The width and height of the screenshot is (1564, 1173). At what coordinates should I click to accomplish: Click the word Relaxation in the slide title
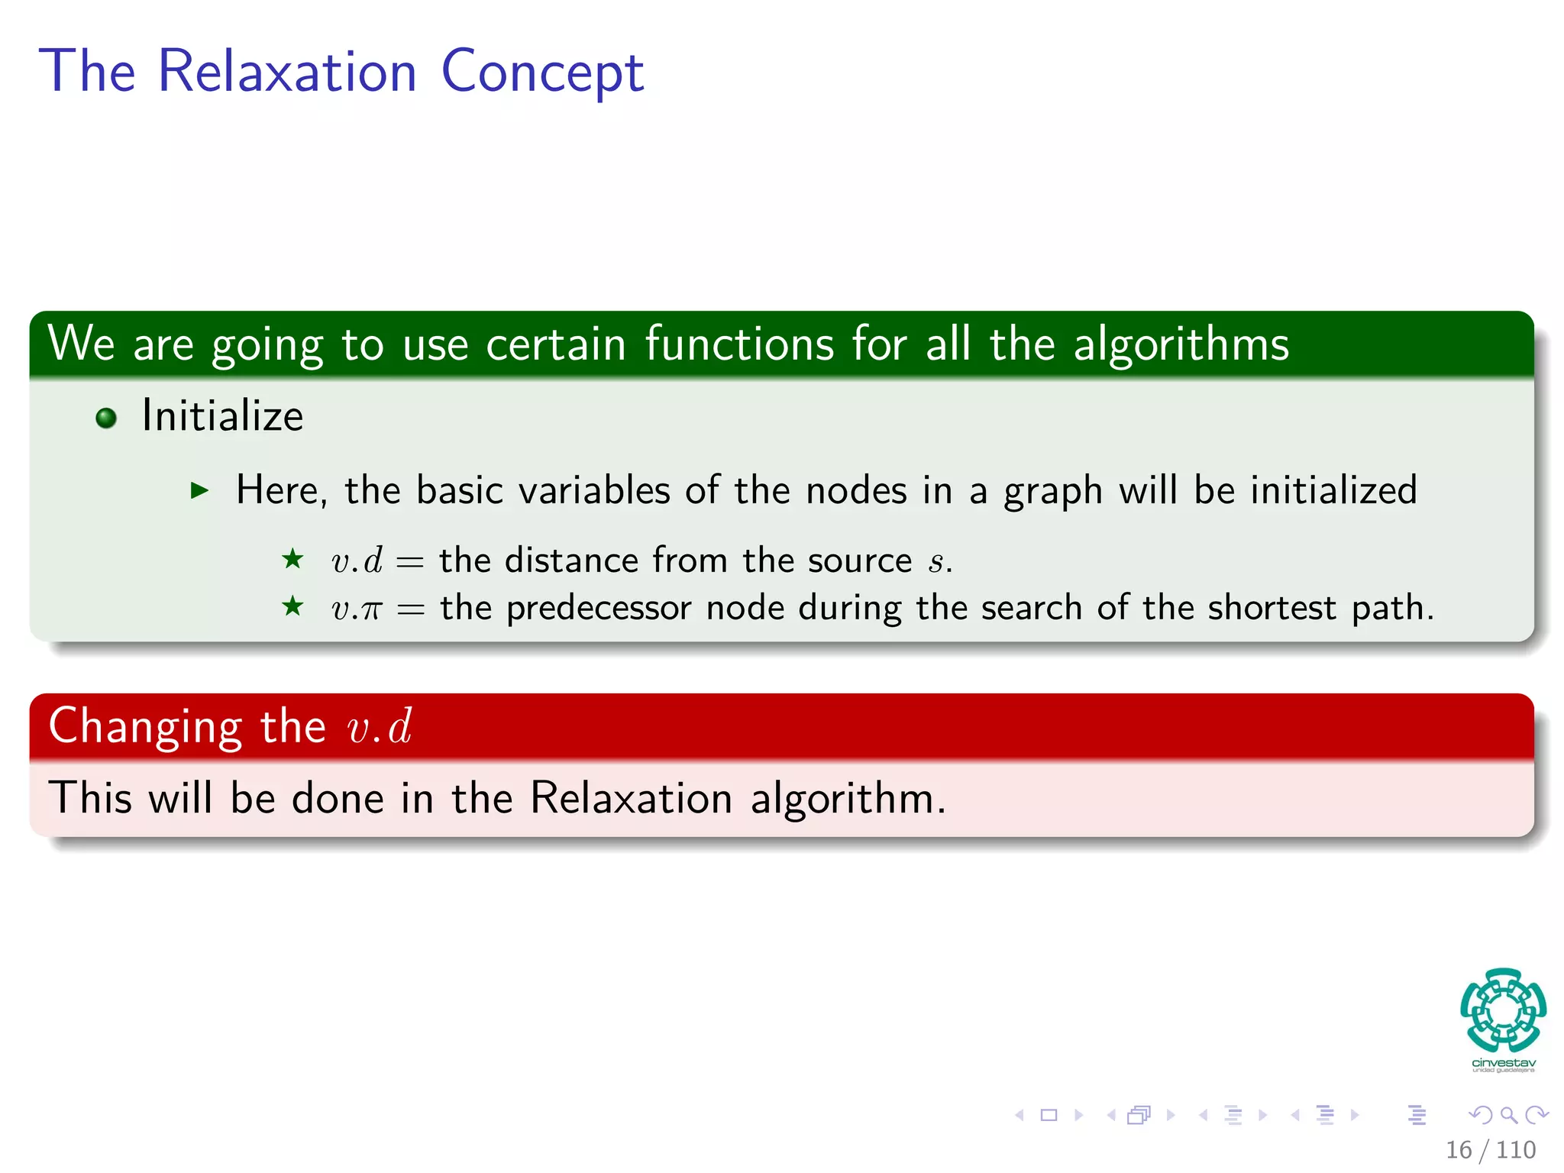tap(286, 71)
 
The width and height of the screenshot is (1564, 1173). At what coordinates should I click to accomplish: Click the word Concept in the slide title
tap(542, 73)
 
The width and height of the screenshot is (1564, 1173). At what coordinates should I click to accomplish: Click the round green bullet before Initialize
tap(106, 418)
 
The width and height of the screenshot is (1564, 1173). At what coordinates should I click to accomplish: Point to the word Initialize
tap(222, 416)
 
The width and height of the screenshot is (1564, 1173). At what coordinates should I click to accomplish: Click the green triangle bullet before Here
tap(199, 490)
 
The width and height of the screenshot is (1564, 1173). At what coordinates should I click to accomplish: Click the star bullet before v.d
tap(292, 559)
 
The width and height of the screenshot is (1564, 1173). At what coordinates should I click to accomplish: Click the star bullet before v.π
tap(292, 607)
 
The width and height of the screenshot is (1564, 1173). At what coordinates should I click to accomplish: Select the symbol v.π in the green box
tap(356, 609)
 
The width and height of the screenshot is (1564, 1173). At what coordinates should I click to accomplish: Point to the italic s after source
tap(936, 562)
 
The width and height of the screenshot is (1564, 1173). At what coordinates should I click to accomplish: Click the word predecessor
tap(599, 609)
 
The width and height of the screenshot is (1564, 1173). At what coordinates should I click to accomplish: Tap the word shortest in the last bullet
tap(1272, 609)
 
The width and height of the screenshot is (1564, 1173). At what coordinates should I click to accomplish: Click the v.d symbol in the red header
tap(380, 726)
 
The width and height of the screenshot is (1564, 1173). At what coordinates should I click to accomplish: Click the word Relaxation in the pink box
tap(631, 798)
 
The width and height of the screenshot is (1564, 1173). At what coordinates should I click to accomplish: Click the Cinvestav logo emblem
tap(1503, 1010)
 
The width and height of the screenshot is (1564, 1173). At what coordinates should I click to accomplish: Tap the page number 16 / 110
tap(1490, 1149)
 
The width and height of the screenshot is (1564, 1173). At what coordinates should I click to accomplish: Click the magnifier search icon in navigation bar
tap(1508, 1115)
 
